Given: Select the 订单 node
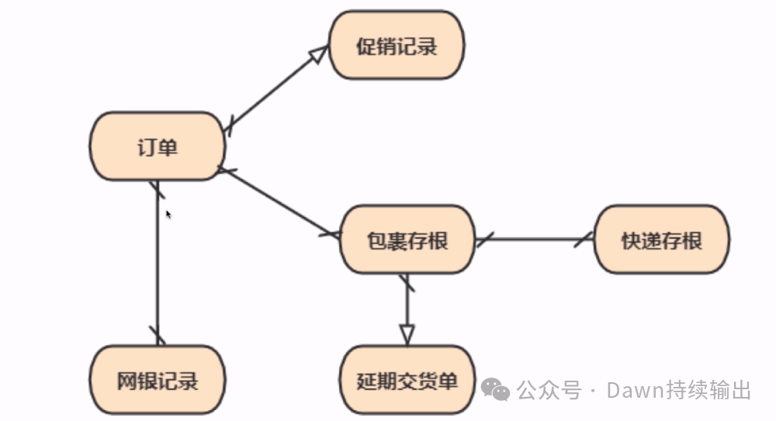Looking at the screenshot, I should coord(158,147).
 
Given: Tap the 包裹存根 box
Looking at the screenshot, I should coord(407,240).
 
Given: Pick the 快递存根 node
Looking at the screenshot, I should coord(662,240).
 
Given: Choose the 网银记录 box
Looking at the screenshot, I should coord(158,381).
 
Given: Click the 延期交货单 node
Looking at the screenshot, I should coord(407,381).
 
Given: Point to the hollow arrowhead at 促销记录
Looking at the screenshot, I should coord(317,55).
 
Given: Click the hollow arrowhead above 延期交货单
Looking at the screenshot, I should coord(407,334).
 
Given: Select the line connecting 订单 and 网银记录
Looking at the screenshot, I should coord(158,264).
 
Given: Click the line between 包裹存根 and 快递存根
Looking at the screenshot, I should coord(535,240).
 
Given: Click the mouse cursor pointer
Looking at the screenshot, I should coord(168,213).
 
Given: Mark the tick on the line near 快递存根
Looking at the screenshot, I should coord(583,239).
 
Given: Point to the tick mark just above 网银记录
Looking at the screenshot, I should coord(158,335).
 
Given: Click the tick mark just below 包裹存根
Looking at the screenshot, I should coord(407,282).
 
